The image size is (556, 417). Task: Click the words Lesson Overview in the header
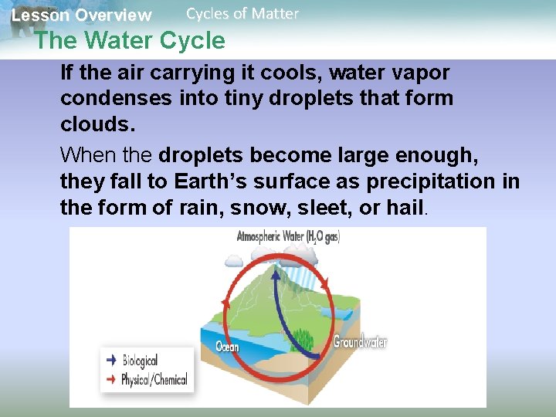coord(81,15)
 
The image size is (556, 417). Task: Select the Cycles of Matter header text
coord(242,13)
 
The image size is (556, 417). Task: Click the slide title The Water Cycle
coord(130,40)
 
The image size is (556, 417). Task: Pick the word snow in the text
coord(257,208)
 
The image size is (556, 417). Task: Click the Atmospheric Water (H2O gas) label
coord(288,237)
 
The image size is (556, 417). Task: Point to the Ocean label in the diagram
coord(228,346)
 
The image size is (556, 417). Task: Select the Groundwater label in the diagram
coord(360,341)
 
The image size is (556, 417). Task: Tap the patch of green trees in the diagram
coord(301,338)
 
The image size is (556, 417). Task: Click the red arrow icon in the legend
coord(111,379)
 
